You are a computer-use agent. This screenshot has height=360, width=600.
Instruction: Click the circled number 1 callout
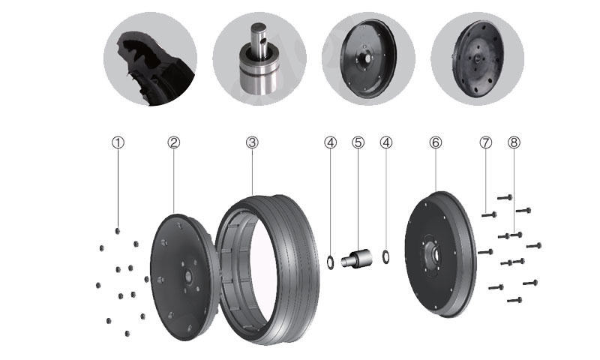[x=118, y=142]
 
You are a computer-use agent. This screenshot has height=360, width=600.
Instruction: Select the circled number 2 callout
[x=173, y=142]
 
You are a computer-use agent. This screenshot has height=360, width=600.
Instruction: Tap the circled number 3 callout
[x=252, y=142]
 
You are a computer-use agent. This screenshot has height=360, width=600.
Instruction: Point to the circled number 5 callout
[x=358, y=142]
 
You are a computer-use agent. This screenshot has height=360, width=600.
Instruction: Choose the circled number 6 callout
[x=436, y=142]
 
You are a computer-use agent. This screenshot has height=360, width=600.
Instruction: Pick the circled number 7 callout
[x=485, y=142]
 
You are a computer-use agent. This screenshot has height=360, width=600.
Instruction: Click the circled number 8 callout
[x=514, y=142]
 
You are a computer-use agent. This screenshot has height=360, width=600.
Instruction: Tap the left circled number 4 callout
[x=330, y=142]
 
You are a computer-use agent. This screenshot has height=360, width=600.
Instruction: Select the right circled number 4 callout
[x=386, y=142]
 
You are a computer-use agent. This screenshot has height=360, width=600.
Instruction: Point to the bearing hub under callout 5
[x=357, y=257]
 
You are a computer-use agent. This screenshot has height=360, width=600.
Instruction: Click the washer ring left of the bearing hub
[x=330, y=262]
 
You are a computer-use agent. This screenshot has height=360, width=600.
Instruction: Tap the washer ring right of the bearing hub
[x=386, y=256]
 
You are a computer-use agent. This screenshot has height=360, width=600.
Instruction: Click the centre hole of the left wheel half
[x=188, y=276]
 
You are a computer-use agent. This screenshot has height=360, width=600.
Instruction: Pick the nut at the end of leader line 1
[x=118, y=231]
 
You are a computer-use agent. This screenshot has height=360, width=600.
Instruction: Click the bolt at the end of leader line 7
[x=489, y=214]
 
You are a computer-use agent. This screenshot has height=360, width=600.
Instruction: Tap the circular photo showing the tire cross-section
[x=151, y=59]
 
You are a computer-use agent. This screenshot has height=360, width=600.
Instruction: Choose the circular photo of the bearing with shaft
[x=259, y=59]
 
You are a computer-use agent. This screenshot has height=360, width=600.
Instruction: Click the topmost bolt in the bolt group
[x=505, y=197]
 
